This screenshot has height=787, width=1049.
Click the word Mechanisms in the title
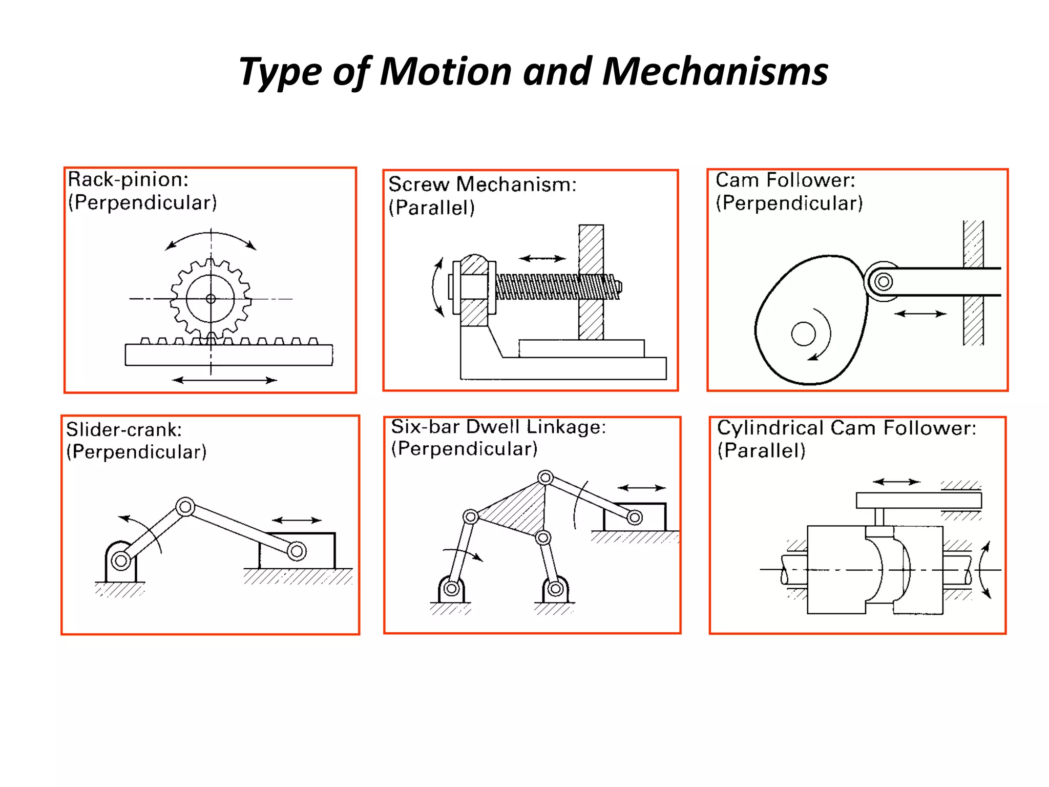[715, 72]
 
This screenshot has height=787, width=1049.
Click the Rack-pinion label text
[128, 180]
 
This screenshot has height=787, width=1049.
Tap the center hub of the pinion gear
[211, 299]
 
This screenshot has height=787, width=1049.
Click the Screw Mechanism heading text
[482, 184]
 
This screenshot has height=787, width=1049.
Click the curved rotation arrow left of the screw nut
[436, 287]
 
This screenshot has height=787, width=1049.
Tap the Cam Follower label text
[785, 180]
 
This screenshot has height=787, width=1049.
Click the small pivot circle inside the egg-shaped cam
[803, 334]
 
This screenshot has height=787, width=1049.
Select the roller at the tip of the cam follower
[883, 281]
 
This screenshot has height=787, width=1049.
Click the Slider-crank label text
[124, 429]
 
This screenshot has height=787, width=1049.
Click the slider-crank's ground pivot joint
[121, 561]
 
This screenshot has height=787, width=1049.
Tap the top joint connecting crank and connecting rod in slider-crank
[185, 507]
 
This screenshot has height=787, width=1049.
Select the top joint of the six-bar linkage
[546, 478]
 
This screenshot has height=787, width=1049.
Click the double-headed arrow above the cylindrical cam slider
[896, 482]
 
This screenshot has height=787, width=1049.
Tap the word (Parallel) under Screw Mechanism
[432, 208]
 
